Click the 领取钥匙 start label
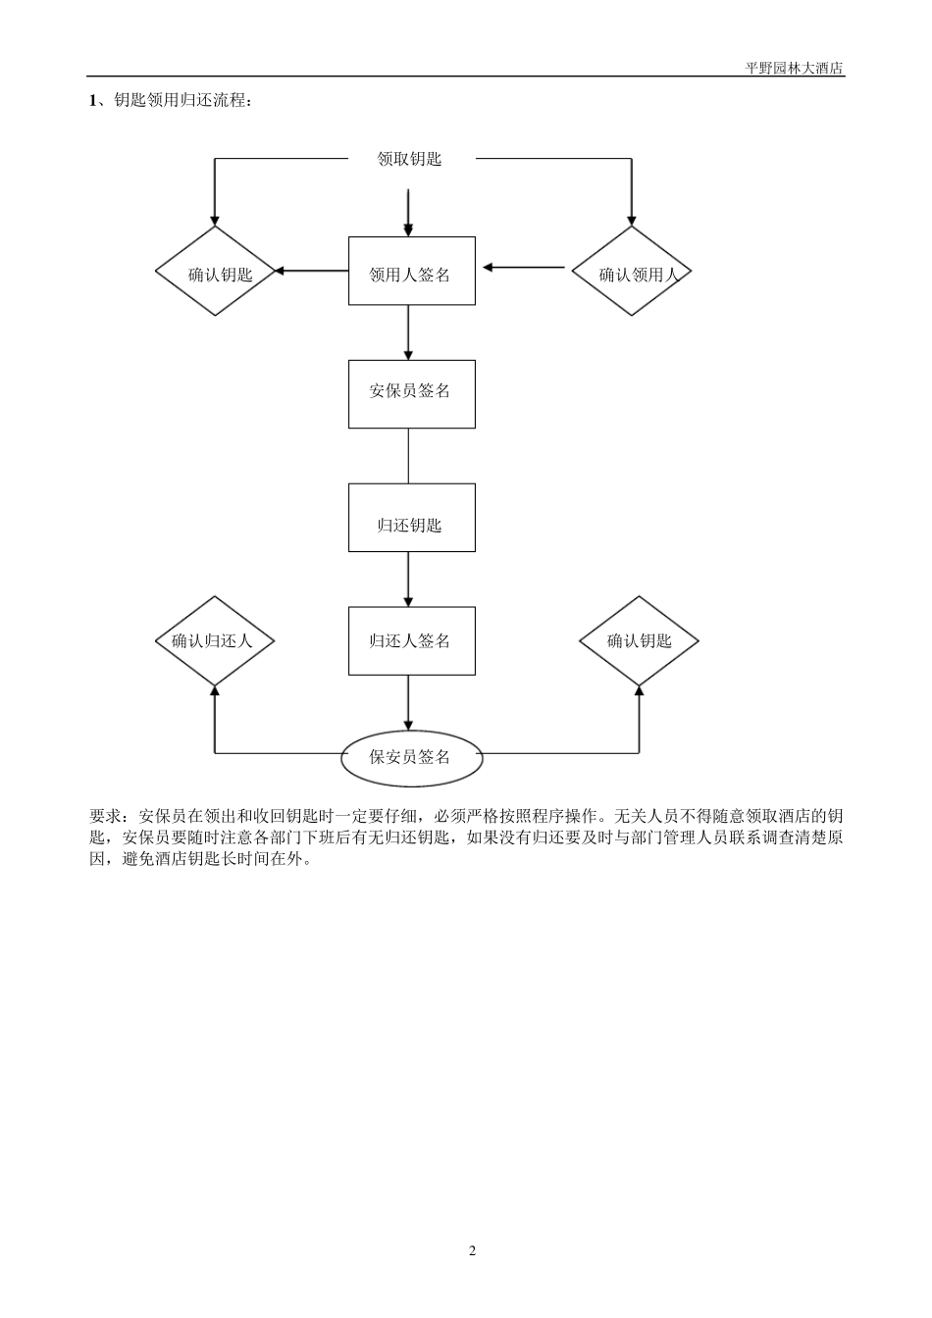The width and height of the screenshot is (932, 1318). [x=409, y=159]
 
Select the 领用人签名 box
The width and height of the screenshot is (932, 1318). [x=411, y=271]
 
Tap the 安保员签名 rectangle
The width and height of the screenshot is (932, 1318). [x=411, y=393]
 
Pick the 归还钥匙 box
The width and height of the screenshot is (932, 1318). [x=411, y=517]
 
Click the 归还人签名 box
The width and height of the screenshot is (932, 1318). [x=411, y=640]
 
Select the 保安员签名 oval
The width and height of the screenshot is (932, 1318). [x=411, y=757]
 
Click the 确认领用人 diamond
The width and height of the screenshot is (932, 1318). [x=632, y=272]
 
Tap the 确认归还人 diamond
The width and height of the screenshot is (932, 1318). [x=215, y=641]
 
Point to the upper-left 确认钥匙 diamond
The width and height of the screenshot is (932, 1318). [x=215, y=272]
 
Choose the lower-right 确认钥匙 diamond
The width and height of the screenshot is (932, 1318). [x=639, y=641]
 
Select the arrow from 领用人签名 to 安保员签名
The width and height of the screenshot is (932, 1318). [x=408, y=332]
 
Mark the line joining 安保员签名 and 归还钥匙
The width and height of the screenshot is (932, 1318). [x=408, y=455]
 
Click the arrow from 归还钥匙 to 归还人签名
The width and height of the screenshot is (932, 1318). [x=408, y=579]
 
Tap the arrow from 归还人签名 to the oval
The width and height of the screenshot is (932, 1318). [x=408, y=702]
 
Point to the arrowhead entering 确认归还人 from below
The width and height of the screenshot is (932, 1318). [x=215, y=691]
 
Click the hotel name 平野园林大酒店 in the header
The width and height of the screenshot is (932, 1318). [x=795, y=69]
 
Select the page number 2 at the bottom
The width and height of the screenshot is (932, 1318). [x=472, y=1250]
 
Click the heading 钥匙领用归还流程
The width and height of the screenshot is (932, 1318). [x=182, y=100]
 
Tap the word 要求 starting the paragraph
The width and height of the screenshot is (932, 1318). [x=105, y=816]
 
